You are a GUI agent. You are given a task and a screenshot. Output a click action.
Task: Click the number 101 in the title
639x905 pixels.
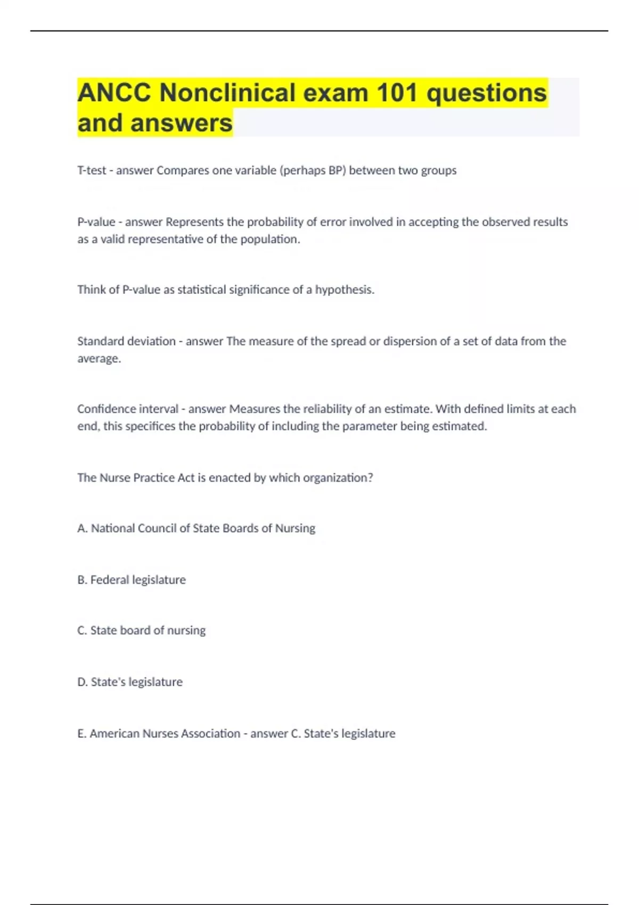coord(397,93)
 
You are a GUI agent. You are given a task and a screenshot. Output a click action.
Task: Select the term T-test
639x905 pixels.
coord(92,170)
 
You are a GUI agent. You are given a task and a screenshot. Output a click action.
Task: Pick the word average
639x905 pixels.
coord(99,359)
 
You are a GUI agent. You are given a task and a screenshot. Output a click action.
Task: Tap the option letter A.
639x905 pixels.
coord(81,528)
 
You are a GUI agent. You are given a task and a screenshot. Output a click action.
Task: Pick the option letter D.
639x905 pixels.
coord(82,682)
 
